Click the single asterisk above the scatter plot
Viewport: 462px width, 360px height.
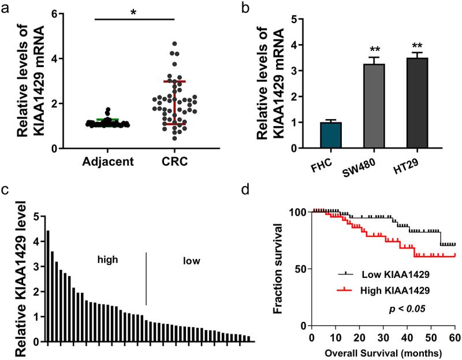click(x=134, y=12)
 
